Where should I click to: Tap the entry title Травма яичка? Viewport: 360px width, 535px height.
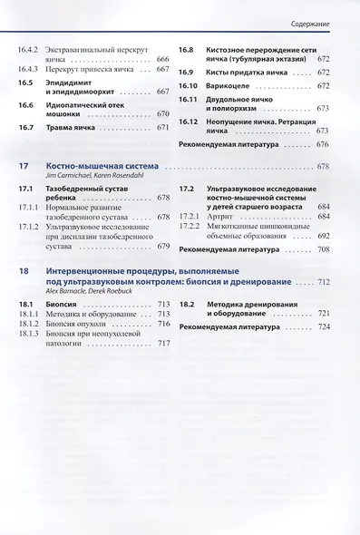[75, 129]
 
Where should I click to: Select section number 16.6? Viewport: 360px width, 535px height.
[26, 105]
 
